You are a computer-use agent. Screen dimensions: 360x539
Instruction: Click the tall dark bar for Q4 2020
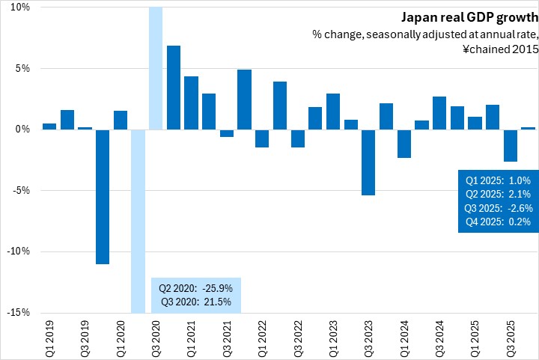174,88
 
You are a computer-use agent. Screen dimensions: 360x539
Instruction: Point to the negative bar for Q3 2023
368,162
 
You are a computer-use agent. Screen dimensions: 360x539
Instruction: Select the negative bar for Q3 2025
510,145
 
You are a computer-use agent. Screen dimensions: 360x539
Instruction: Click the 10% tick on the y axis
20,7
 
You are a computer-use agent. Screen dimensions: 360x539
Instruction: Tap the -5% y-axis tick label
20,190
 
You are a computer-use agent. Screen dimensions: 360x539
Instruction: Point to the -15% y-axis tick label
19,313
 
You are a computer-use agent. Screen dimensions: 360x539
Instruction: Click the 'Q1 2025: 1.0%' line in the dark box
498,180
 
